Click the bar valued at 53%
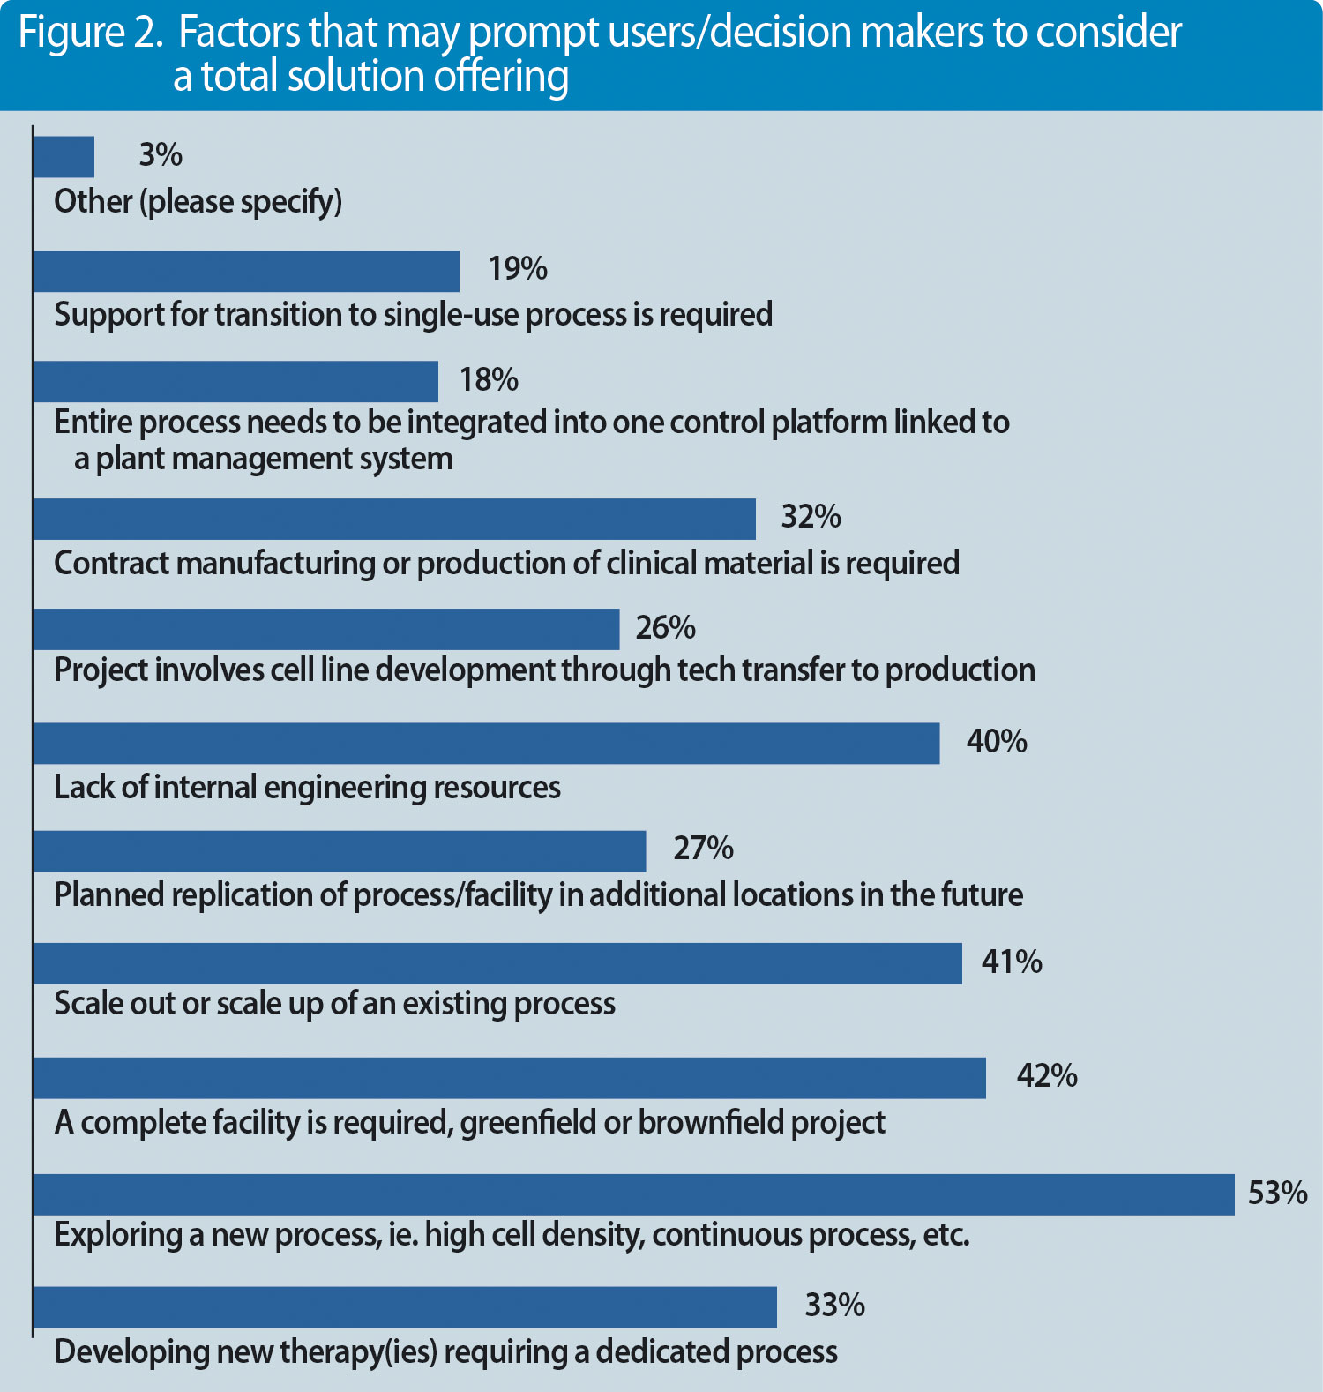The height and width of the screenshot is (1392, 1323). pos(633,1194)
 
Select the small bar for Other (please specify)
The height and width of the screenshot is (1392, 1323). pos(64,157)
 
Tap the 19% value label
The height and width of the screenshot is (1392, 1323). pos(518,269)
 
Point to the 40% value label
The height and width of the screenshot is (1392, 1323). pos(997,742)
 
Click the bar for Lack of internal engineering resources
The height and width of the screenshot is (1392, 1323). pos(486,744)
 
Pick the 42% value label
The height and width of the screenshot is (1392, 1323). pos(1047,1076)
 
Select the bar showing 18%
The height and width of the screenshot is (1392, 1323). pos(235,381)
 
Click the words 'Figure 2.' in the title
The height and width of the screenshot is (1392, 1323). pos(90,34)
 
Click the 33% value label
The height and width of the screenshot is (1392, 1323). pos(834,1305)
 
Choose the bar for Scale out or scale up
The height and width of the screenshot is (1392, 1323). pos(497,963)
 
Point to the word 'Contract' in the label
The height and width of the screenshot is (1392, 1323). pos(112,563)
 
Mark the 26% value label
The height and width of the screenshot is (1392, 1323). pos(665,628)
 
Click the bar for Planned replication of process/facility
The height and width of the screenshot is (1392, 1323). pos(340,851)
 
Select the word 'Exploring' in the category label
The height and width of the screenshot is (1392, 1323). pos(117,1235)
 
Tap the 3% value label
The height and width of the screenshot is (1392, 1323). pos(161,155)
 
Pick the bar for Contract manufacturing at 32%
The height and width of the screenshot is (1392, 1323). pos(394,519)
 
